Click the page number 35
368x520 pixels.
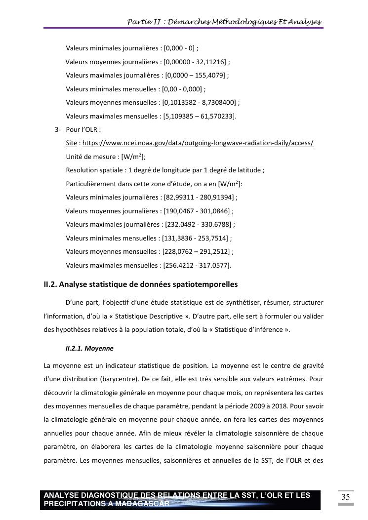tap(345, 497)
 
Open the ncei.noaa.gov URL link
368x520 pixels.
tap(198, 143)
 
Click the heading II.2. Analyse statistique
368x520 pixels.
tap(141, 284)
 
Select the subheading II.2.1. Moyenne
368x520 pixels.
tap(89, 348)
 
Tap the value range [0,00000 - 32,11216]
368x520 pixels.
tap(195, 62)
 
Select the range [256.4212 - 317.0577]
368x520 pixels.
tap(196, 265)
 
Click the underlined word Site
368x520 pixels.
tap(71, 143)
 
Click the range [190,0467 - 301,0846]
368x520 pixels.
tap(197, 211)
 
